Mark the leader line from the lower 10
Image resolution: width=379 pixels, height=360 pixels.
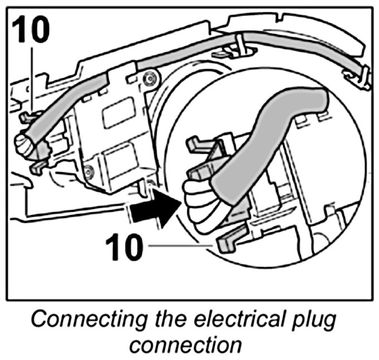coord(178,245)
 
